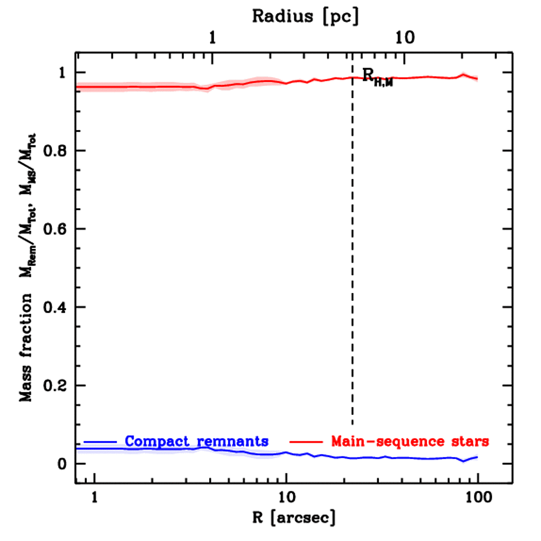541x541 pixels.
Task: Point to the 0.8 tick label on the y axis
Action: [54, 151]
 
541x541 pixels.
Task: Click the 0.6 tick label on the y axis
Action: [54, 229]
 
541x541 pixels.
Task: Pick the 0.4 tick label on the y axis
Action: [54, 307]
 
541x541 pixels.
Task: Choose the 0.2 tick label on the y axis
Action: [54, 386]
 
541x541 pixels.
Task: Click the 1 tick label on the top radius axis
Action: [213, 38]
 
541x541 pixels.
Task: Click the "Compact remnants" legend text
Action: [197, 441]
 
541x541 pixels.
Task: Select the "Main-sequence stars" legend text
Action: [410, 441]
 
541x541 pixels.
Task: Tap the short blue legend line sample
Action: [100, 441]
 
